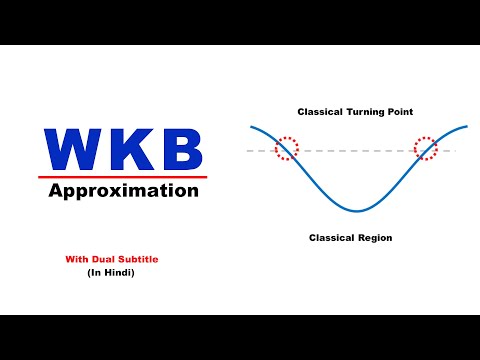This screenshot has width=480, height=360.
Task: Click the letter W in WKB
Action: coord(74,150)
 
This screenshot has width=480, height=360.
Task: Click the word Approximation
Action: coord(124,190)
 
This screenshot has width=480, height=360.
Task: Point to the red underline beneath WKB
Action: coord(124,176)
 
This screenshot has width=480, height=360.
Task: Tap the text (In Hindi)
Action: coord(112,273)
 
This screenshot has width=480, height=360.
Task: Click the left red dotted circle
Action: coord(287,148)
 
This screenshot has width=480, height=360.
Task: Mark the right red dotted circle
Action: coord(426,148)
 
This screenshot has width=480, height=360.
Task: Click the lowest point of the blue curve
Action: coord(357,211)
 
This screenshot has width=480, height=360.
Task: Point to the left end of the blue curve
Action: coord(251,128)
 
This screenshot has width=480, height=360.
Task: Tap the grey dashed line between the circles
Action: coord(357,150)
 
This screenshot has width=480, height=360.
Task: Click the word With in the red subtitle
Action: coord(77,259)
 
